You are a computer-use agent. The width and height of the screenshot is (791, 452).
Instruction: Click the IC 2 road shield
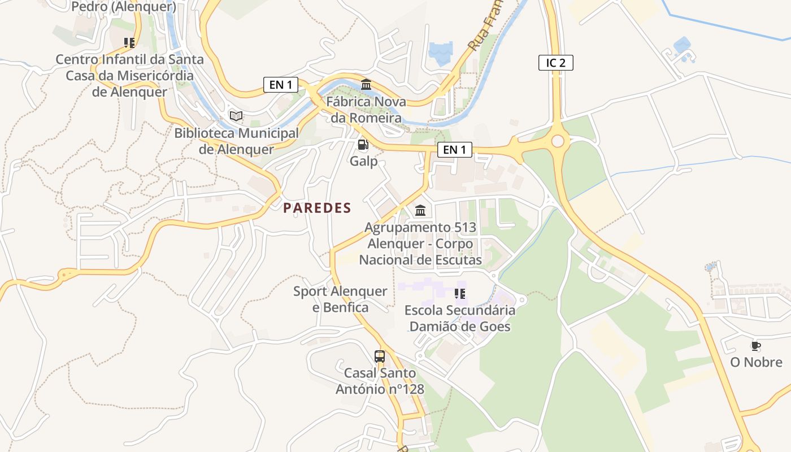(555, 63)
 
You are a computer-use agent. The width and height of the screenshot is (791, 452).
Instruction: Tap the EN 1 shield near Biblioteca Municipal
(281, 85)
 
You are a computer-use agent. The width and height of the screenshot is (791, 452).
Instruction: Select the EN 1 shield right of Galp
(454, 150)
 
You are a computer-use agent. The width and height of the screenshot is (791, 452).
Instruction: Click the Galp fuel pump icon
(363, 145)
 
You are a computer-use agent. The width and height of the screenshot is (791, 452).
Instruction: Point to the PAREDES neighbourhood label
(317, 208)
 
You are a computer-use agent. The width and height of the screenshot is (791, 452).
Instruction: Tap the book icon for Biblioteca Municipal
(236, 116)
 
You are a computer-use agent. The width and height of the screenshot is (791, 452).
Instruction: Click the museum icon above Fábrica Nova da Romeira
(366, 85)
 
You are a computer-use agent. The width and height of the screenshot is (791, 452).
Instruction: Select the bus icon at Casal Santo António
(380, 357)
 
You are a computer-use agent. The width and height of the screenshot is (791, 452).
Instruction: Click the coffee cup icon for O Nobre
(755, 346)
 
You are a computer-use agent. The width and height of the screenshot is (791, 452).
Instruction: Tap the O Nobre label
(756, 362)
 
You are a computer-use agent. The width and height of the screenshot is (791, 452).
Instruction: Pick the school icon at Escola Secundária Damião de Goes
(459, 293)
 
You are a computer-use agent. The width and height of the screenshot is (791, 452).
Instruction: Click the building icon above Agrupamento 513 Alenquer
(420, 211)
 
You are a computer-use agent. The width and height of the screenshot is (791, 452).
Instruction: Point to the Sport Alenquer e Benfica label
(340, 299)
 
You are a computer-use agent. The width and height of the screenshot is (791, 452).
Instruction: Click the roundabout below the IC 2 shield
(558, 141)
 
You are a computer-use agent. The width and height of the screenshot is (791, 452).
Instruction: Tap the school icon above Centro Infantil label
(129, 42)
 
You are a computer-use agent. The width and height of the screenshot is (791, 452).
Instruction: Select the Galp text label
(363, 161)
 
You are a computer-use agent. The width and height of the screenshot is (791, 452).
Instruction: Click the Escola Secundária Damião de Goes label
(459, 318)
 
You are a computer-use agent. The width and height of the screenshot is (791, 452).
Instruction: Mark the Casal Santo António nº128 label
(380, 381)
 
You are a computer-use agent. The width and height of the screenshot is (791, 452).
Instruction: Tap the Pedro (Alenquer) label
(124, 7)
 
